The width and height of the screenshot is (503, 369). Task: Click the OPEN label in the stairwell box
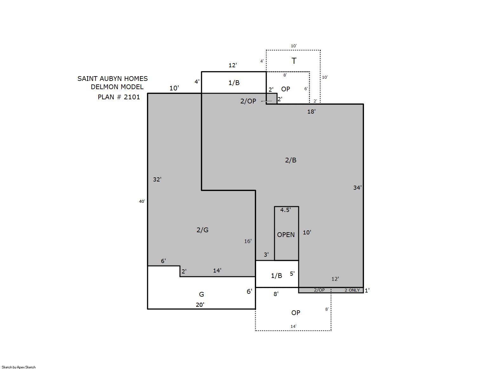click(x=286, y=235)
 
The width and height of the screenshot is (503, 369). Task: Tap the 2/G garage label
click(x=202, y=230)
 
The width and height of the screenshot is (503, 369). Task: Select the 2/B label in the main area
click(x=291, y=160)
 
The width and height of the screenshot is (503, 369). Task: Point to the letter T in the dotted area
click(x=294, y=61)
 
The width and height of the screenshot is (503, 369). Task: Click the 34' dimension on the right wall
click(x=357, y=188)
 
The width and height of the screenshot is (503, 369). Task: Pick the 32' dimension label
click(x=157, y=179)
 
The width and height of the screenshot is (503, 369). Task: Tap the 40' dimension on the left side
click(x=142, y=201)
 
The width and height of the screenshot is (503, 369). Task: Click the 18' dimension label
click(x=311, y=112)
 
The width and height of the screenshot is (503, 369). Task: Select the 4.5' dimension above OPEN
click(x=285, y=210)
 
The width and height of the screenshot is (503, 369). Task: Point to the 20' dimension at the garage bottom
click(x=200, y=305)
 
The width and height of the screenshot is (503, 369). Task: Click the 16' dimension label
click(x=248, y=241)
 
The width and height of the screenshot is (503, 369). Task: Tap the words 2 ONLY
click(x=352, y=290)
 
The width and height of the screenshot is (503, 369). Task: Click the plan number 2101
click(x=132, y=97)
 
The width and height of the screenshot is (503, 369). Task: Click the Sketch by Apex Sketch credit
click(x=19, y=367)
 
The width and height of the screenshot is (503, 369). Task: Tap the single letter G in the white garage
click(x=202, y=294)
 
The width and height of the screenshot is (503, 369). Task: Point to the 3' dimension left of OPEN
click(x=266, y=254)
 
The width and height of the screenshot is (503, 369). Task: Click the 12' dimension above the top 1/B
click(x=233, y=65)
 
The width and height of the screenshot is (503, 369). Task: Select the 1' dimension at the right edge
click(x=367, y=290)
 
